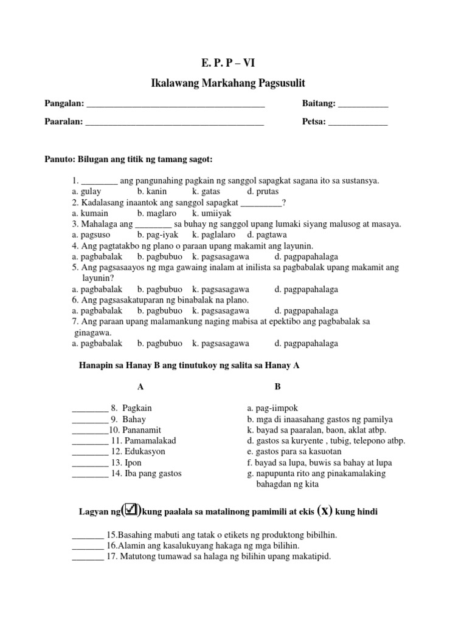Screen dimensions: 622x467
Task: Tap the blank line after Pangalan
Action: (176, 105)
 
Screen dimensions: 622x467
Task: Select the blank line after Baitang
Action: (362, 105)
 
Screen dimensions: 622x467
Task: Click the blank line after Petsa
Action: (358, 123)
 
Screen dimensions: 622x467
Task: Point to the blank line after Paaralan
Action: (175, 123)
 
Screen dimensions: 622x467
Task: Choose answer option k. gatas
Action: (209, 191)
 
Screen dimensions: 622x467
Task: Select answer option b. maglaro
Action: (157, 213)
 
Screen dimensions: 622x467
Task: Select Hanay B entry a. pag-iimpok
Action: (272, 408)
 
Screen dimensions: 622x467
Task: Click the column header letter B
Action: (277, 386)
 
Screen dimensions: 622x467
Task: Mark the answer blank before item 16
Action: (88, 546)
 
